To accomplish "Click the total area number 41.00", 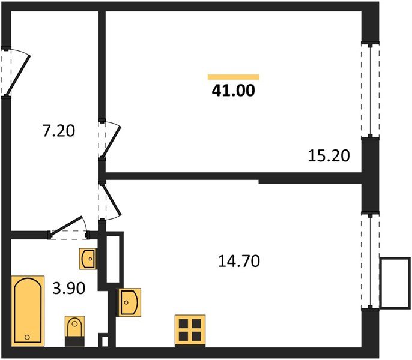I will pyautogui.click(x=233, y=91).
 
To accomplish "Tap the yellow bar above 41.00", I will pyautogui.click(x=233, y=77).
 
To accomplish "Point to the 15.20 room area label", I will pyautogui.click(x=329, y=155).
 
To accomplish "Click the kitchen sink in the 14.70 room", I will pyautogui.click(x=130, y=301).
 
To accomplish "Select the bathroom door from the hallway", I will pyautogui.click(x=69, y=229).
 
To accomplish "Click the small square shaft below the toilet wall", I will pyautogui.click(x=105, y=342).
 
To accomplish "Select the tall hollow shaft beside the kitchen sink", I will pyautogui.click(x=114, y=259).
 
